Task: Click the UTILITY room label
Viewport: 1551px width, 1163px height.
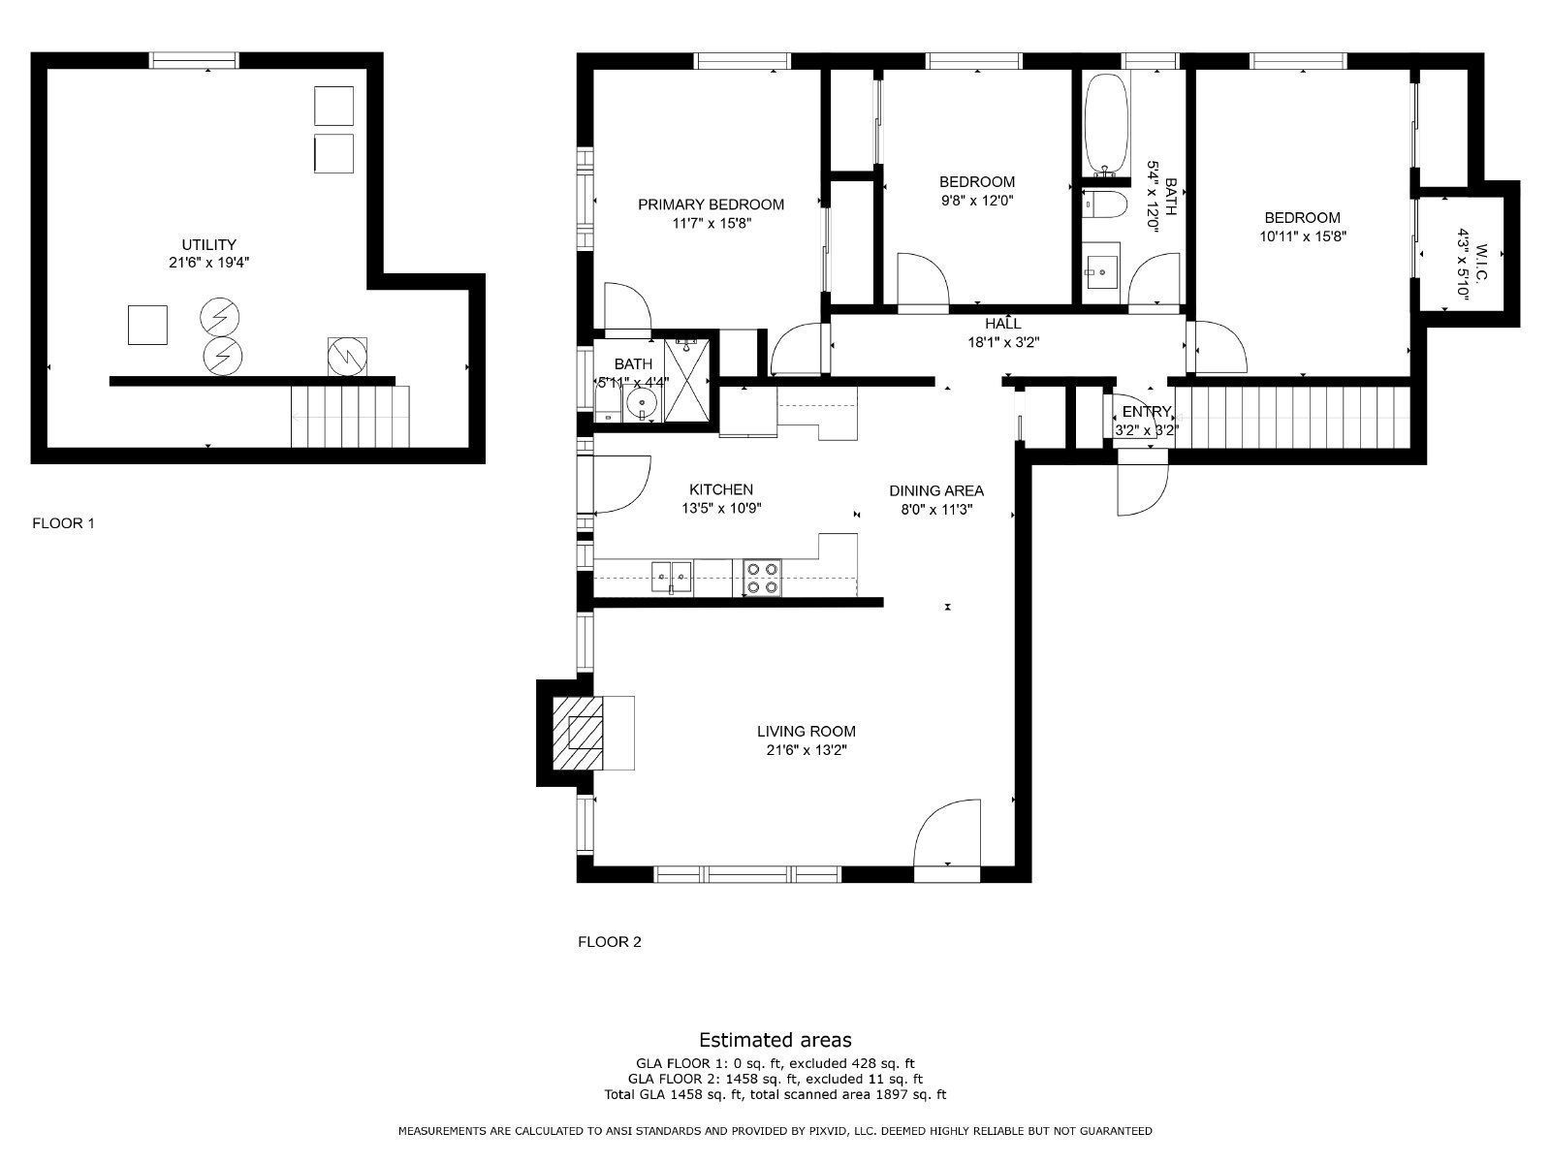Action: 208,245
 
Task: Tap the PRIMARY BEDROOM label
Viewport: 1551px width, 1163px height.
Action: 711,204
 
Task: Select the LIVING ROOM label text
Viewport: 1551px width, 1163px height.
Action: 807,732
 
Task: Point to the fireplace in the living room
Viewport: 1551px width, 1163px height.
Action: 578,733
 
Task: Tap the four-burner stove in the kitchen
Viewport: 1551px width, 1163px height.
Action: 762,577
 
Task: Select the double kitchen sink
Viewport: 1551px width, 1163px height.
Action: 671,577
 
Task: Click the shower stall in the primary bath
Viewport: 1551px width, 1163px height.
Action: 687,380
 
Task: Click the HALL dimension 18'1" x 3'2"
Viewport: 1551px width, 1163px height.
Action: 1003,343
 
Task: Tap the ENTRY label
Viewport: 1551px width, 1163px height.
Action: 1147,412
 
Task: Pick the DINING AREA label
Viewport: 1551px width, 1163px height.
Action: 936,490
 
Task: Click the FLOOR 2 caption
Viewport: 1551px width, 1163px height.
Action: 610,942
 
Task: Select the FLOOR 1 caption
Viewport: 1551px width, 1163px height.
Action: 64,523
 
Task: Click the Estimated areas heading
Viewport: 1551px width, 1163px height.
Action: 775,1040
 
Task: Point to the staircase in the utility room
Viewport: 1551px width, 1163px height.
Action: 351,417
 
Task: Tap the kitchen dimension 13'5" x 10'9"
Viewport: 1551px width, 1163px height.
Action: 721,509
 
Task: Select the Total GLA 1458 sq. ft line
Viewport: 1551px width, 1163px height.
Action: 775,1095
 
